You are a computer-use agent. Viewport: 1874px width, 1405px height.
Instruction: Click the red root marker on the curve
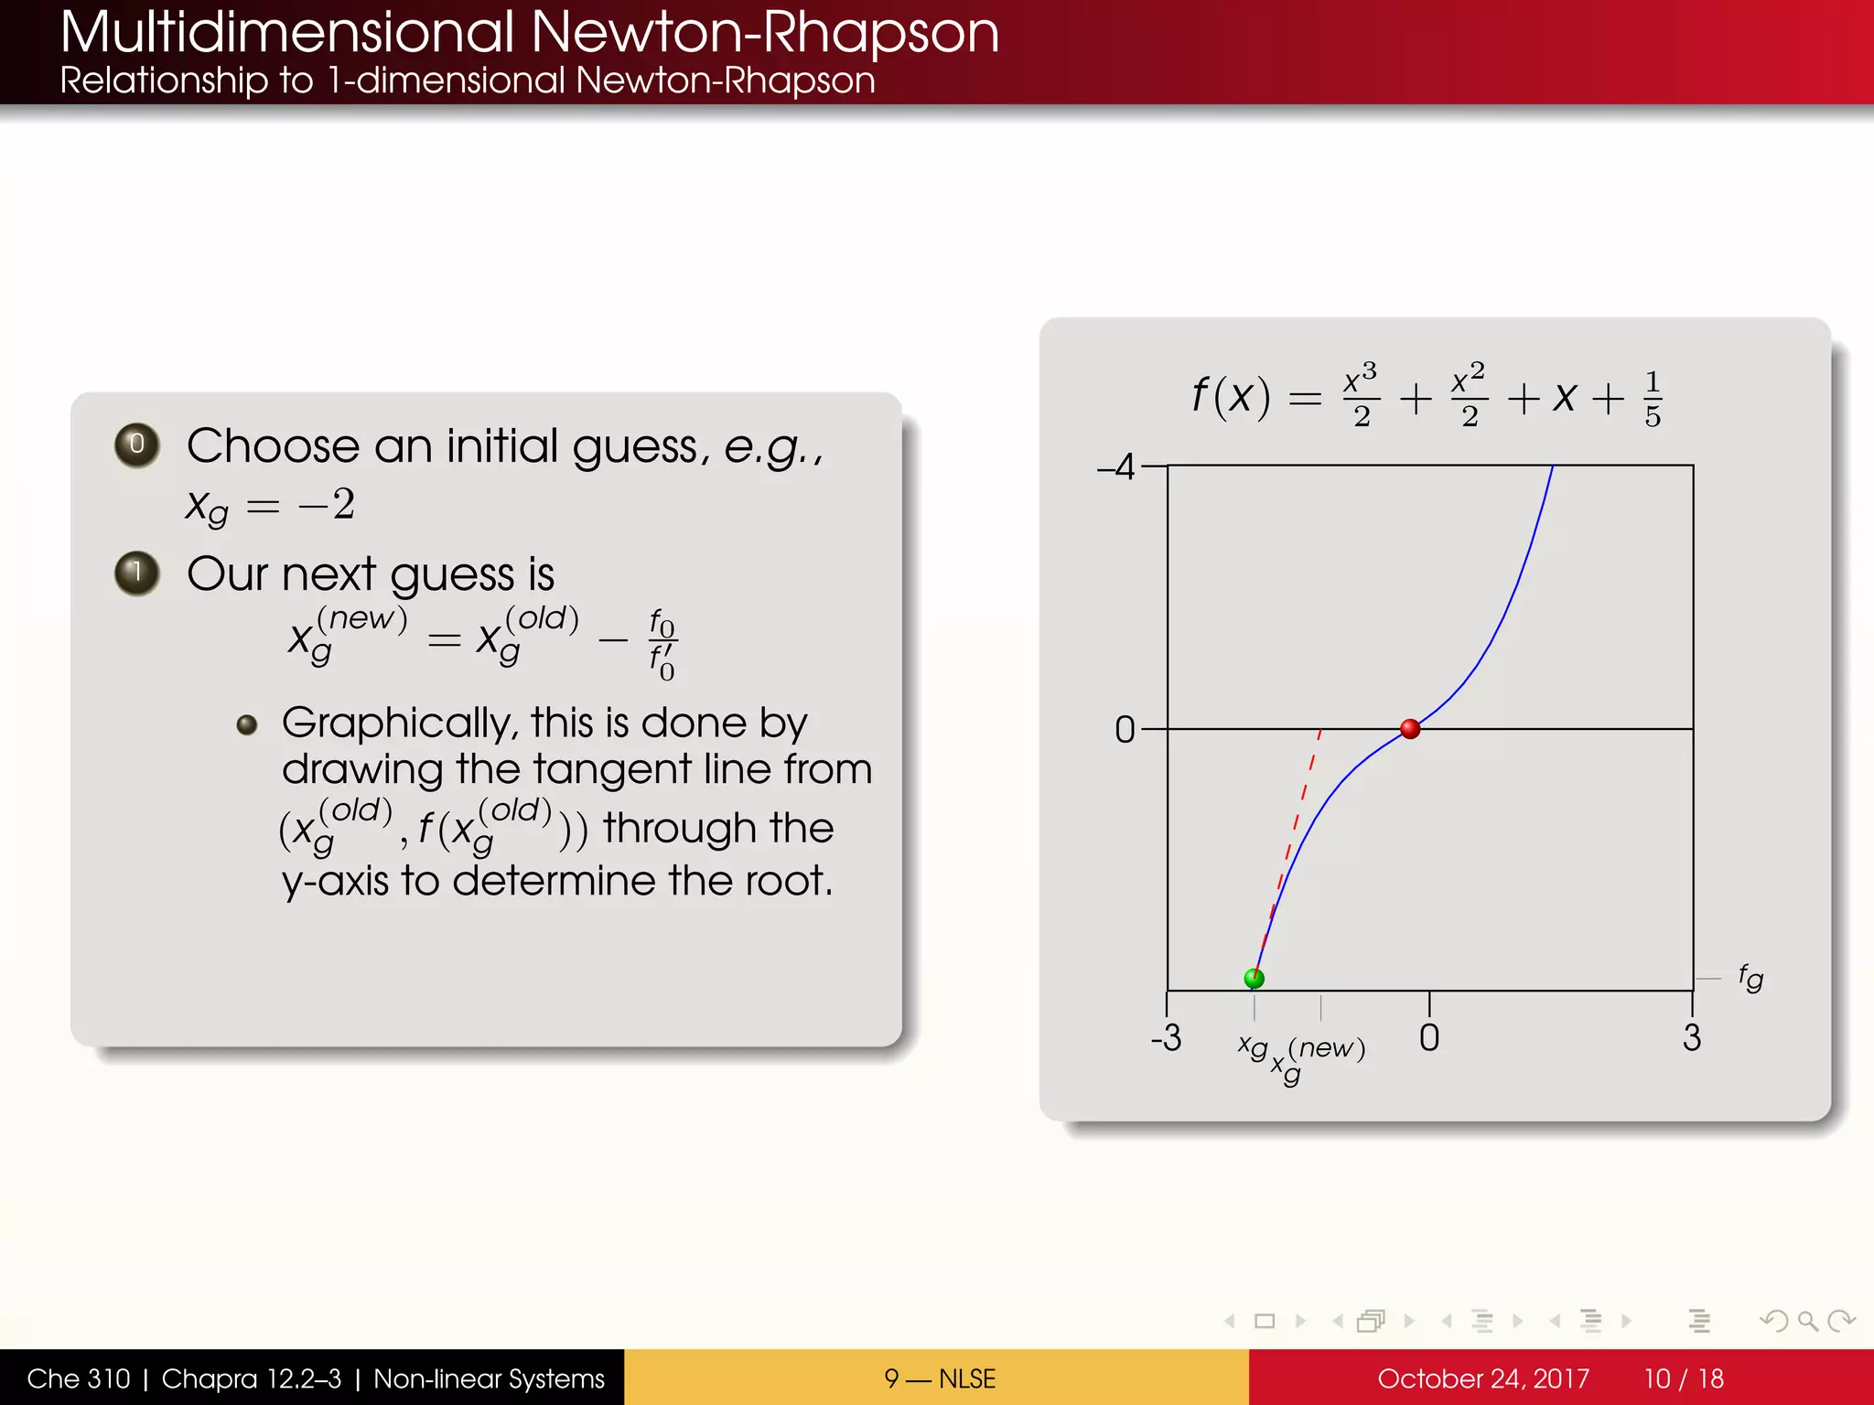click(1410, 729)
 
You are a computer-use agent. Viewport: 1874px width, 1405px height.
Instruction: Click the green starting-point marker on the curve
click(1255, 978)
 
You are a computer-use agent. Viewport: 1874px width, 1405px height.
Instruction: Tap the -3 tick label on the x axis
click(1166, 1038)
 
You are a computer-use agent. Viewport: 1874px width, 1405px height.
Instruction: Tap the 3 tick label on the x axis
click(1692, 1038)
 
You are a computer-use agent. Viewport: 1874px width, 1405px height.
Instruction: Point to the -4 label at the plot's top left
click(1116, 467)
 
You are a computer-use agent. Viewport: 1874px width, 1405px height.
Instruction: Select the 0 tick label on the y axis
click(1125, 730)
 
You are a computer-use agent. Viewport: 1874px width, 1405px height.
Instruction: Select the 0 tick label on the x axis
click(1428, 1038)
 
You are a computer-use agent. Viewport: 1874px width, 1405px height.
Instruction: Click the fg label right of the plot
click(1750, 978)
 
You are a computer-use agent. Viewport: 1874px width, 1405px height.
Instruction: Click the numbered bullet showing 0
click(137, 445)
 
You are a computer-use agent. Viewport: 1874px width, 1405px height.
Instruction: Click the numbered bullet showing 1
click(137, 574)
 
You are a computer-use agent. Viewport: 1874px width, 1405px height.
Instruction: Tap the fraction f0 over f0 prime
click(662, 645)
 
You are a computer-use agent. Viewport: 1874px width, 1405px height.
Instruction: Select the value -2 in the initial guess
click(327, 504)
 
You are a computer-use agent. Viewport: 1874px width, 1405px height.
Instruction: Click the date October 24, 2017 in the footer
click(1482, 1378)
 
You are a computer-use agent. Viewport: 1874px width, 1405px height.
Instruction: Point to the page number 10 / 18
click(1683, 1378)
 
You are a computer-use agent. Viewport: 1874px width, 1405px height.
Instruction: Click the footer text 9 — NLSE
click(939, 1378)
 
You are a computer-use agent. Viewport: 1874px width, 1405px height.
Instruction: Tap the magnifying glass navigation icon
click(1807, 1321)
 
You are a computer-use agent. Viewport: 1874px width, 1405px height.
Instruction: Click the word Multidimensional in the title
click(287, 32)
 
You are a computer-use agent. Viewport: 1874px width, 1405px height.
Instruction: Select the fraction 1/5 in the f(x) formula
click(1652, 400)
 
